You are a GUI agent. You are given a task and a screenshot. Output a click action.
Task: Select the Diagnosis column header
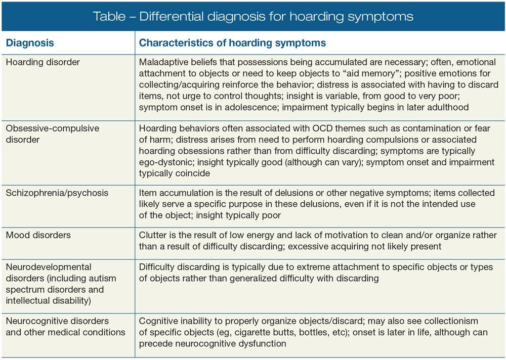coord(29,43)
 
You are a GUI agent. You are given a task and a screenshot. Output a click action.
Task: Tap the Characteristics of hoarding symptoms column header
coord(232,43)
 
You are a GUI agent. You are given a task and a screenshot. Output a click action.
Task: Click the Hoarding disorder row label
coord(43,62)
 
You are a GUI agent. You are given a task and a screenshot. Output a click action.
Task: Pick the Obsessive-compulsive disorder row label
coord(53,133)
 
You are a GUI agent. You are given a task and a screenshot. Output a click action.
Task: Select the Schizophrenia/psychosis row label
coord(57,193)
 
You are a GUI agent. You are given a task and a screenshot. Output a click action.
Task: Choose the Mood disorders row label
coord(38,235)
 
